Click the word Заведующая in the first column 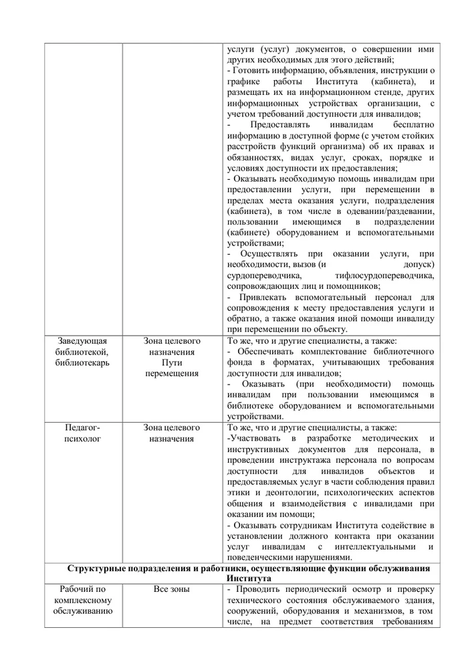click(x=82, y=341)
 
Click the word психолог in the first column click(x=82, y=439)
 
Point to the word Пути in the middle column click(x=172, y=362)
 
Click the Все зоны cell click(x=172, y=589)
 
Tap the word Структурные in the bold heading click(x=100, y=568)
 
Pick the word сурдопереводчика click(x=265, y=275)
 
